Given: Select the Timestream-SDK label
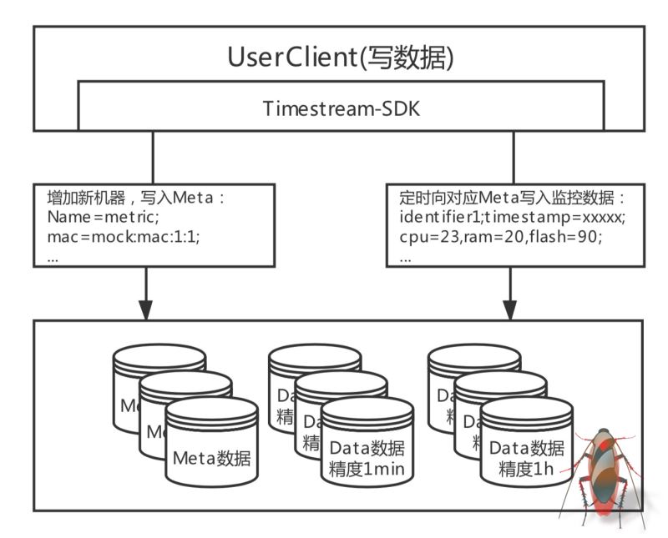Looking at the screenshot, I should tap(341, 109).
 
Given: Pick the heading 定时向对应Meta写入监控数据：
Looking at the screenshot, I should tap(513, 200).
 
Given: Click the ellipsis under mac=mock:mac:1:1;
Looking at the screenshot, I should tap(53, 258).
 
